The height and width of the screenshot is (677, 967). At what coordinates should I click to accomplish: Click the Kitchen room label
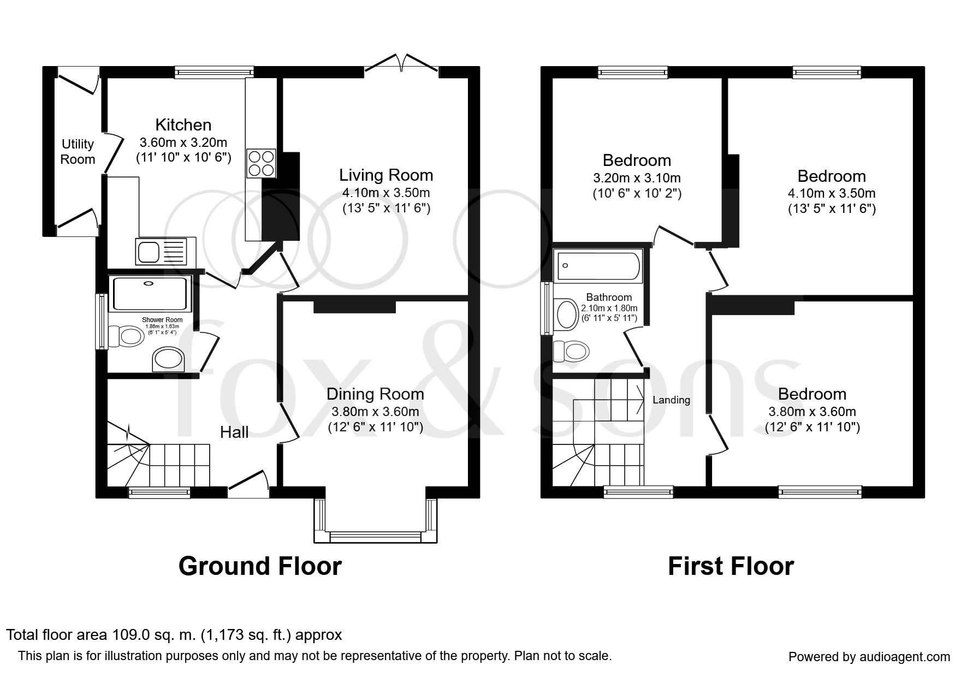[183, 125]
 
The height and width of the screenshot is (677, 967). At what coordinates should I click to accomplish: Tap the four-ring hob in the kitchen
[261, 163]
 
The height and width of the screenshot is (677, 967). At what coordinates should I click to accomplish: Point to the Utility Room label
[78, 152]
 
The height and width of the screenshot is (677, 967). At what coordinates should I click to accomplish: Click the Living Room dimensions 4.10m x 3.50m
[386, 193]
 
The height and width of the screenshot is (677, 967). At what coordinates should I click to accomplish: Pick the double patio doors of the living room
[401, 62]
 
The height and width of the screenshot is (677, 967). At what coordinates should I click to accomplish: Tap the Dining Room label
[375, 394]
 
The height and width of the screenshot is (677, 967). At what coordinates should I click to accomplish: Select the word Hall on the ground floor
[234, 433]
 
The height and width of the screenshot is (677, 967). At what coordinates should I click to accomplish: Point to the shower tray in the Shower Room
[151, 294]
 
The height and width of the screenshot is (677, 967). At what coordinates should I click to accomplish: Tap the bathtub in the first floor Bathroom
[598, 266]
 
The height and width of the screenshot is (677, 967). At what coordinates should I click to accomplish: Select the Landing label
[671, 400]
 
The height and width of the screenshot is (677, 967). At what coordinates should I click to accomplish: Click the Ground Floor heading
[260, 566]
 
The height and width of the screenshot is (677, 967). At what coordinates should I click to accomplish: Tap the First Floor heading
[731, 566]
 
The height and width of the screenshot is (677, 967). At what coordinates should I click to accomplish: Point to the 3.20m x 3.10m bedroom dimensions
[637, 178]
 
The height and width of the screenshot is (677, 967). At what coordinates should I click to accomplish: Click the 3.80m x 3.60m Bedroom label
[812, 394]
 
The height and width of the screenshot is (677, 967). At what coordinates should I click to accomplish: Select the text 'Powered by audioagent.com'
[869, 657]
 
